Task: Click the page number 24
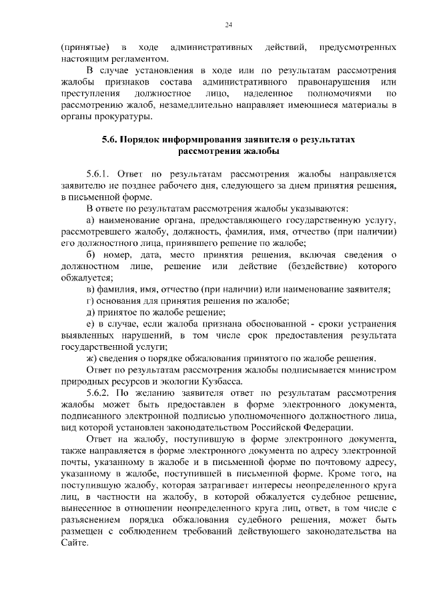[228, 25]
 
